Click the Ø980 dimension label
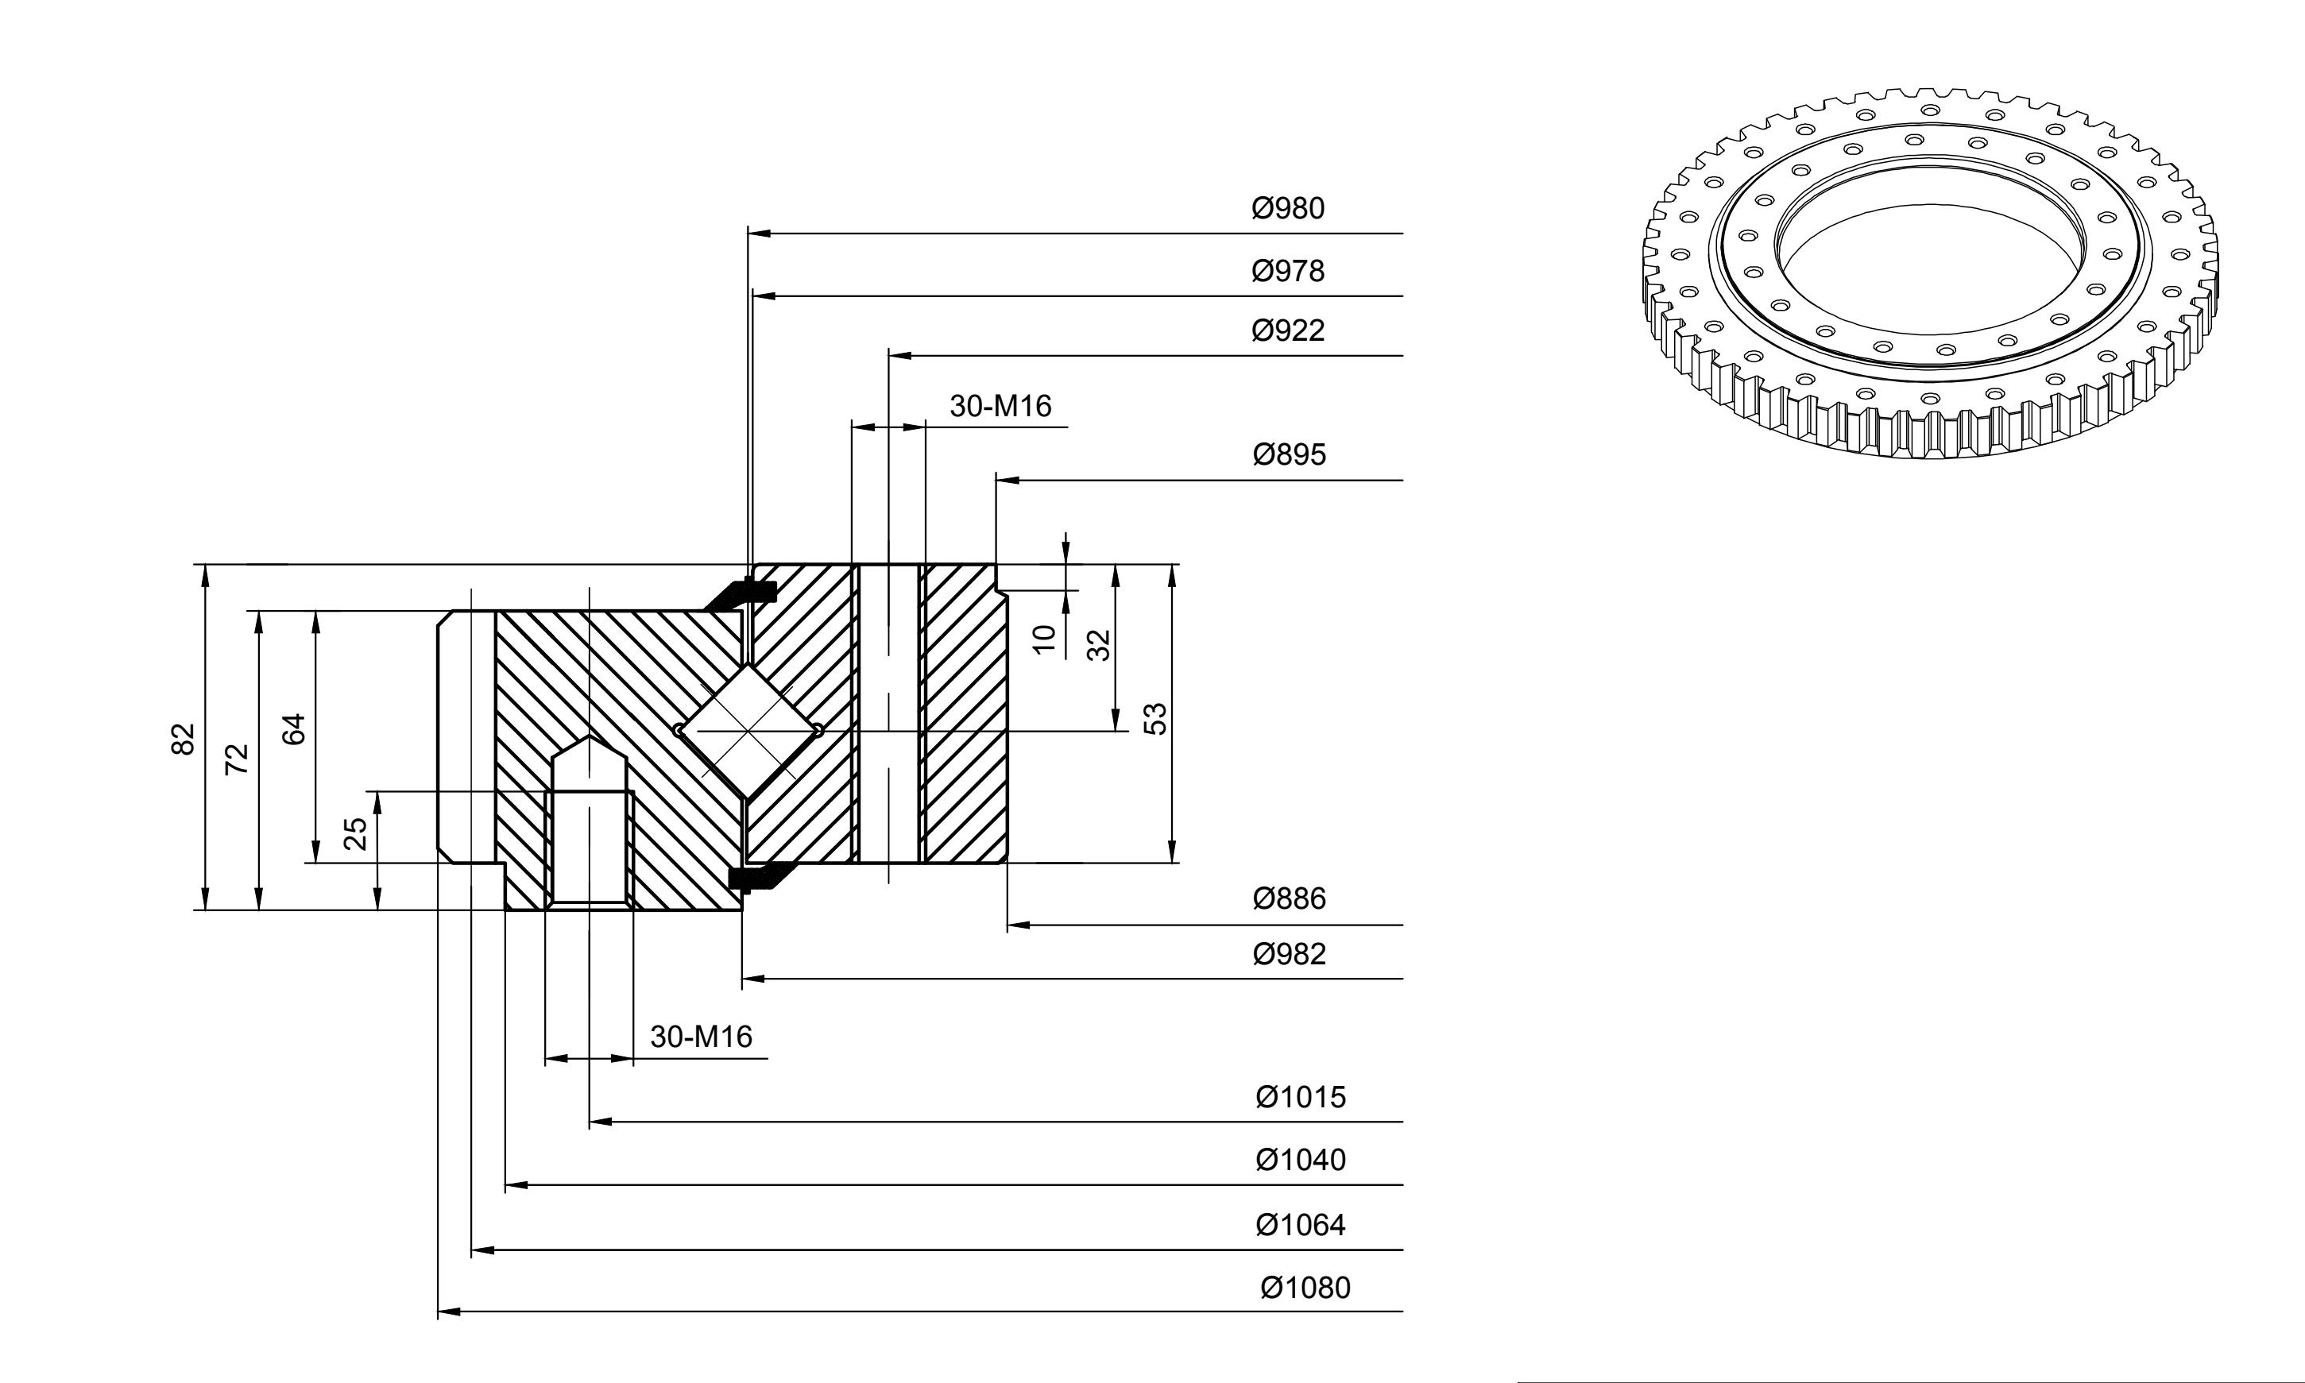1287,209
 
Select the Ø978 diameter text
1287,271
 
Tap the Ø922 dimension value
1287,330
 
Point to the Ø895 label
1289,455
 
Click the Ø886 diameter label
1289,898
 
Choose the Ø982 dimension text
1289,954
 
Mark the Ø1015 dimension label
1300,1097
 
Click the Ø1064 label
1300,1225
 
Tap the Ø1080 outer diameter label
1305,1288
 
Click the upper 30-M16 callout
1000,407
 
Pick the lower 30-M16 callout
701,1037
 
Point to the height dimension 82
184,739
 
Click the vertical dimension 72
238,759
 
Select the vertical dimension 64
294,728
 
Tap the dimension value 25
356,834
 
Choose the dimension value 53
1154,719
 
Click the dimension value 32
1100,645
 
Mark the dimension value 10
1045,639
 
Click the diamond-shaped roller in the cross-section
748,731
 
